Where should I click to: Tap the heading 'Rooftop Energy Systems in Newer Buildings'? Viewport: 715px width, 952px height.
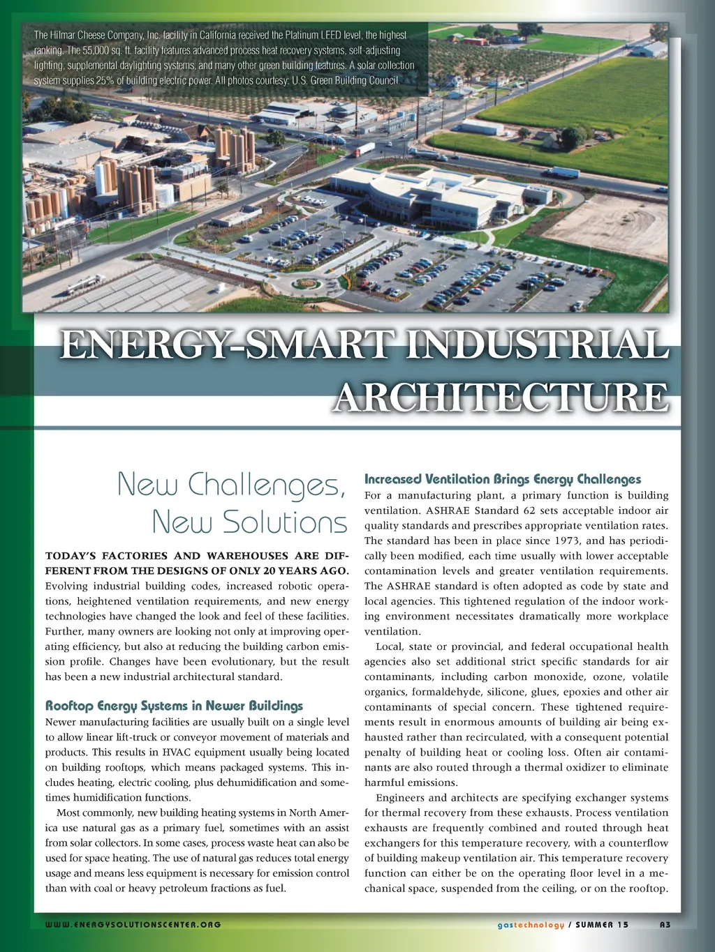(174, 706)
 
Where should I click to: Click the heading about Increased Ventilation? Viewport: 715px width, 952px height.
(502, 479)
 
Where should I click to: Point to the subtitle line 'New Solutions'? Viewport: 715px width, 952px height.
(249, 522)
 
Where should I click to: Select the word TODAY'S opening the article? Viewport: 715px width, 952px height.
(71, 556)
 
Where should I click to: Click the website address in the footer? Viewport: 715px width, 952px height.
(133, 925)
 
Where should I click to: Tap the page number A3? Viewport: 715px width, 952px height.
(665, 925)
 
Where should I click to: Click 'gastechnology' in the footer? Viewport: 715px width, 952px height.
(531, 925)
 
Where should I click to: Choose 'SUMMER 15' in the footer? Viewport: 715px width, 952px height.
(602, 925)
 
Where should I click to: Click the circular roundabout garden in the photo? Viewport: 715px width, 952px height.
(307, 284)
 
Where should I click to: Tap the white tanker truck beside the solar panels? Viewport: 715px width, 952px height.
(84, 284)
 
